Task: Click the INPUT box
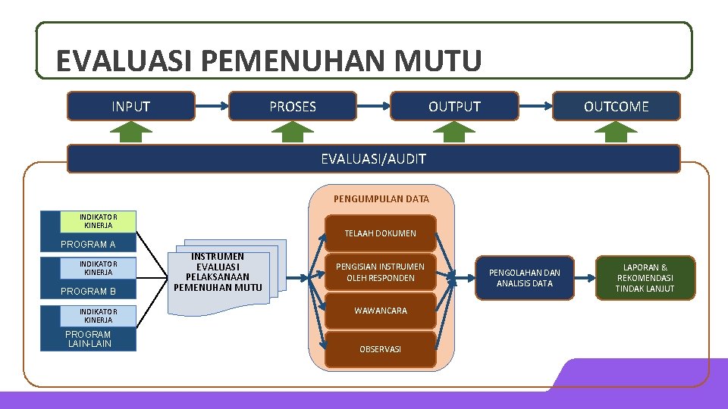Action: [x=130, y=107]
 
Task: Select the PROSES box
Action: [x=293, y=107]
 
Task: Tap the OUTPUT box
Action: [x=454, y=107]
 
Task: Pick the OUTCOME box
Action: [x=616, y=107]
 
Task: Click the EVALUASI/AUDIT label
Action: [x=373, y=159]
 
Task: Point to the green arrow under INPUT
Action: [x=131, y=133]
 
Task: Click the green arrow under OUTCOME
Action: [x=616, y=133]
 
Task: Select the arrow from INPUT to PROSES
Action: [x=212, y=107]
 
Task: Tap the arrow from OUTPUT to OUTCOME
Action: [x=535, y=107]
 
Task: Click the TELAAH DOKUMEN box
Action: [x=380, y=233]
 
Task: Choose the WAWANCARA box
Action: [x=380, y=311]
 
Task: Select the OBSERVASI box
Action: [x=380, y=349]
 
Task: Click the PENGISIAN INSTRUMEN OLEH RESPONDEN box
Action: [x=380, y=272]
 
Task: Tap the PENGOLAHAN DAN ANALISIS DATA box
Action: [x=525, y=278]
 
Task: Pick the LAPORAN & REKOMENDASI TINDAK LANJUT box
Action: [x=645, y=278]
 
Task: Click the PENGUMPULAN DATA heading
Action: [x=381, y=199]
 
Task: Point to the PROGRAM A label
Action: [x=88, y=244]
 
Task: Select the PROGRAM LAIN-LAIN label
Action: [x=88, y=339]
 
